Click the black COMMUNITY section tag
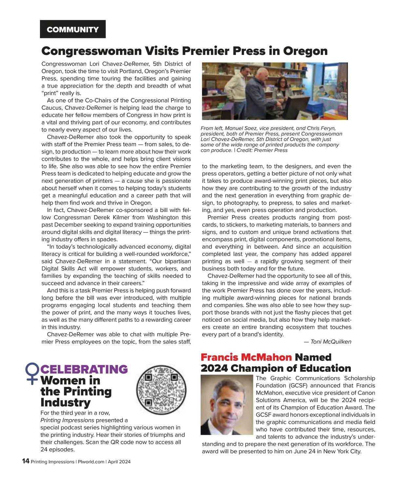click(x=73, y=29)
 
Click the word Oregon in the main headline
click(x=305, y=51)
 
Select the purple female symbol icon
click(x=32, y=373)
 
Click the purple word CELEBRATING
click(x=84, y=369)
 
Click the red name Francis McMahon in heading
click(x=246, y=357)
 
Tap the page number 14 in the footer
click(x=26, y=461)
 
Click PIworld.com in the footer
click(x=91, y=462)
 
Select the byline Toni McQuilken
click(x=330, y=342)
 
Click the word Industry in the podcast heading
click(x=65, y=402)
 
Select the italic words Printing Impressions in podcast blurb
click(x=67, y=420)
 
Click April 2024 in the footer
click(x=119, y=462)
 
